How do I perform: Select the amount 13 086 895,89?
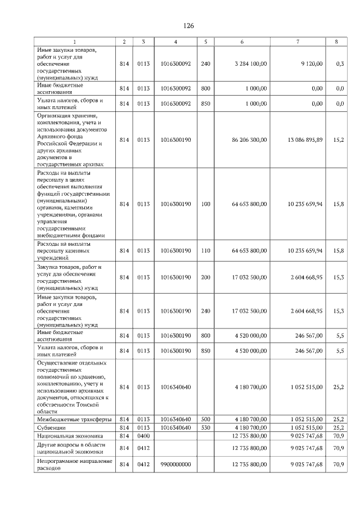pyautogui.click(x=305, y=139)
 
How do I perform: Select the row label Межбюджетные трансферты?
pyautogui.click(x=74, y=420)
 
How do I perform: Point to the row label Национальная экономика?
pyautogui.click(x=70, y=435)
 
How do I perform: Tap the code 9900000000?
pyautogui.click(x=176, y=464)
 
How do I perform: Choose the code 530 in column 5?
pyautogui.click(x=205, y=427)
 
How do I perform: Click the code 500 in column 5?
pyautogui.click(x=205, y=420)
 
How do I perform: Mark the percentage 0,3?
pyautogui.click(x=340, y=64)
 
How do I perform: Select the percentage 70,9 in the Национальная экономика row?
pyautogui.click(x=339, y=435)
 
